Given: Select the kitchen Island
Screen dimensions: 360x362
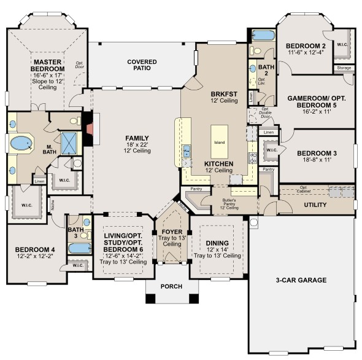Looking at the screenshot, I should click(x=219, y=143).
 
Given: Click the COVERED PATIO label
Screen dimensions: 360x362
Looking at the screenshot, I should click(x=142, y=66).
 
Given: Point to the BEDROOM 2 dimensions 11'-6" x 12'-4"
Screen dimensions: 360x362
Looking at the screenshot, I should click(x=305, y=54).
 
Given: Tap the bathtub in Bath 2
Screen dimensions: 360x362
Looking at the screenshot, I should click(x=263, y=35).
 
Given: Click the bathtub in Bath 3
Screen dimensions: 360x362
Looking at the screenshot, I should click(x=79, y=249).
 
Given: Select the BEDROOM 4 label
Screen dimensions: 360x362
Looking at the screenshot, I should click(x=35, y=250).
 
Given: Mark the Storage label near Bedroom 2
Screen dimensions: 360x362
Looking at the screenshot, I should click(x=344, y=68).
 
